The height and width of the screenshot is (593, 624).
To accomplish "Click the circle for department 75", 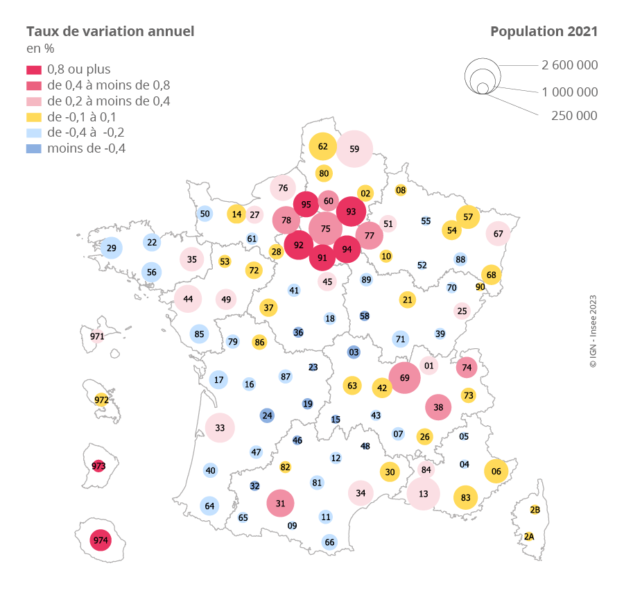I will (x=325, y=228).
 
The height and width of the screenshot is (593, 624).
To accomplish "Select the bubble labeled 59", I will (x=354, y=148).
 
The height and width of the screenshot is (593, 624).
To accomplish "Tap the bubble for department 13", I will (x=423, y=494).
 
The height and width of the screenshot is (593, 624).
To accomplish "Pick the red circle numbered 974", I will (x=101, y=540).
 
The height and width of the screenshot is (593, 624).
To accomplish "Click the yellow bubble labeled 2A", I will (x=529, y=536).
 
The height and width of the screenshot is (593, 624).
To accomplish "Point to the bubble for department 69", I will (x=405, y=377).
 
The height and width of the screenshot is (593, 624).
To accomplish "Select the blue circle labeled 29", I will (x=112, y=248).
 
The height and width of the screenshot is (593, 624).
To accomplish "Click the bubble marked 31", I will (x=281, y=504).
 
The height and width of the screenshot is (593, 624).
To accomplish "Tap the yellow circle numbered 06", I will (x=496, y=472).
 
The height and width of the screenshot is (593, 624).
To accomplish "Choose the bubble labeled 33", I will (x=220, y=427).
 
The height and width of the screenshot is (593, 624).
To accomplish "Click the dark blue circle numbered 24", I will (x=267, y=415).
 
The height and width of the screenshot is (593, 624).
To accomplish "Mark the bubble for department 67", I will (x=498, y=234).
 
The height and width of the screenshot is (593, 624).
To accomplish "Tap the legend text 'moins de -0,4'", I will (x=86, y=148).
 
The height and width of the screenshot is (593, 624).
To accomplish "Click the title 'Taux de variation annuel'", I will (x=110, y=31).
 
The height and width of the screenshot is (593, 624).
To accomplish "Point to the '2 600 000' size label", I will (x=569, y=65).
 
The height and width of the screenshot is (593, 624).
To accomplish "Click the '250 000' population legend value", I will (x=574, y=116).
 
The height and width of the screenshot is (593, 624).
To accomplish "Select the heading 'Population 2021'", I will (x=544, y=31).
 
